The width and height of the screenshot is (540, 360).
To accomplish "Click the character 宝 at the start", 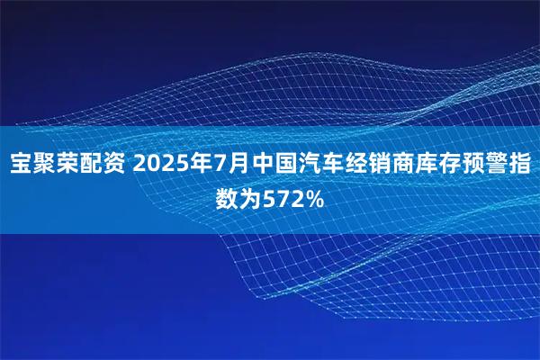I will coord(22,166).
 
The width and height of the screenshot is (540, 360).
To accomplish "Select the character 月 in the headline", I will coord(246,166).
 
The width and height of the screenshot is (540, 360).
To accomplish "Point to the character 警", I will coord(505,166).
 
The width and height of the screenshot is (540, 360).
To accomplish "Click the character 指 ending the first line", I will coord(529,166).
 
